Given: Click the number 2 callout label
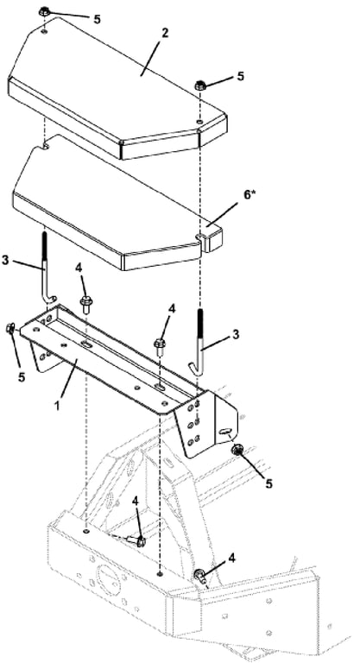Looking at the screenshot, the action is (165, 33).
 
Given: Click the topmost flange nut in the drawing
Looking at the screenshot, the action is (44, 12).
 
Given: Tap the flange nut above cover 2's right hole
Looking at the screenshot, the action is (200, 85).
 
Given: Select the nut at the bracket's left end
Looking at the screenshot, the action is (10, 328).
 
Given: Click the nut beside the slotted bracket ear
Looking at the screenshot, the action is (236, 450).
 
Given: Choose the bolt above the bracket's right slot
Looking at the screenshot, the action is (160, 346).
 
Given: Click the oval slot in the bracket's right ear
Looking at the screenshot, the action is (224, 431).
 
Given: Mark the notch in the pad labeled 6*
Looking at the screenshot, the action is (199, 234).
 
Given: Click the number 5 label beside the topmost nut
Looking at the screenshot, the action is (98, 20).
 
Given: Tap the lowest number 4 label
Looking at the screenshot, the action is (231, 559).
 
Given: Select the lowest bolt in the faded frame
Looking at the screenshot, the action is (199, 577).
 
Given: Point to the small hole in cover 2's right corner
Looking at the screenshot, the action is (199, 122).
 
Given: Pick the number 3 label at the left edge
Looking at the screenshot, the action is (5, 260).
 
